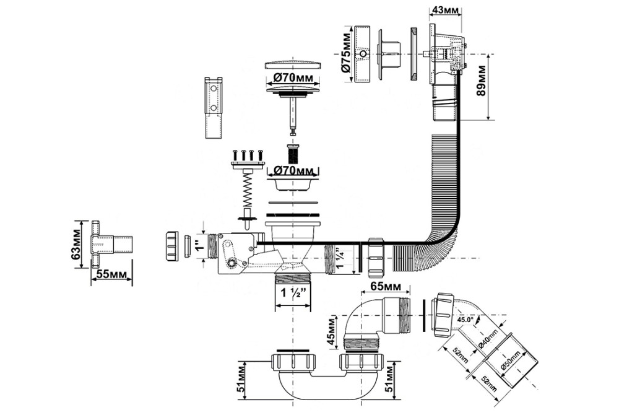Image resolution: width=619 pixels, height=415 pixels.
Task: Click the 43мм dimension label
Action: tap(444, 10)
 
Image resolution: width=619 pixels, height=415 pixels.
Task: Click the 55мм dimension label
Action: tap(111, 275)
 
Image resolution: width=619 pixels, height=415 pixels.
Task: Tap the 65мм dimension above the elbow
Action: tap(384, 286)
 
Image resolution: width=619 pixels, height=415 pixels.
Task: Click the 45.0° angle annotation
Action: tap(465, 320)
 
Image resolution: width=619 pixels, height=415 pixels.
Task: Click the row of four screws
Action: tap(246, 154)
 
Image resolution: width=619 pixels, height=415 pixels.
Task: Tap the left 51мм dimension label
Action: tap(243, 378)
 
